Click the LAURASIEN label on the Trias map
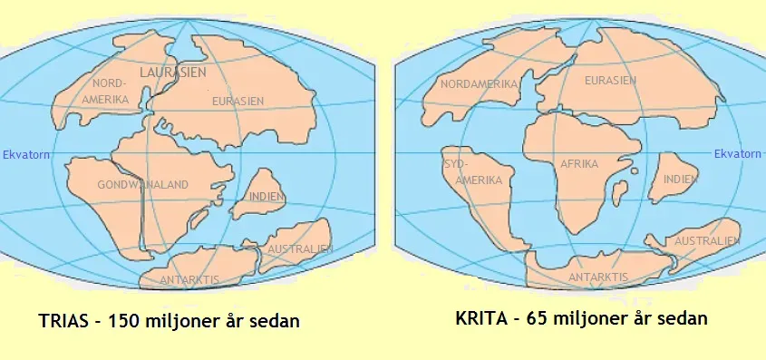172,71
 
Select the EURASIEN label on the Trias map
238,102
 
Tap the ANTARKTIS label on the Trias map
189,280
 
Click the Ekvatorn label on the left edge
25,155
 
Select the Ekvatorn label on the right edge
738,154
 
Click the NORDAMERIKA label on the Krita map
480,84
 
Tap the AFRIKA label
581,165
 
